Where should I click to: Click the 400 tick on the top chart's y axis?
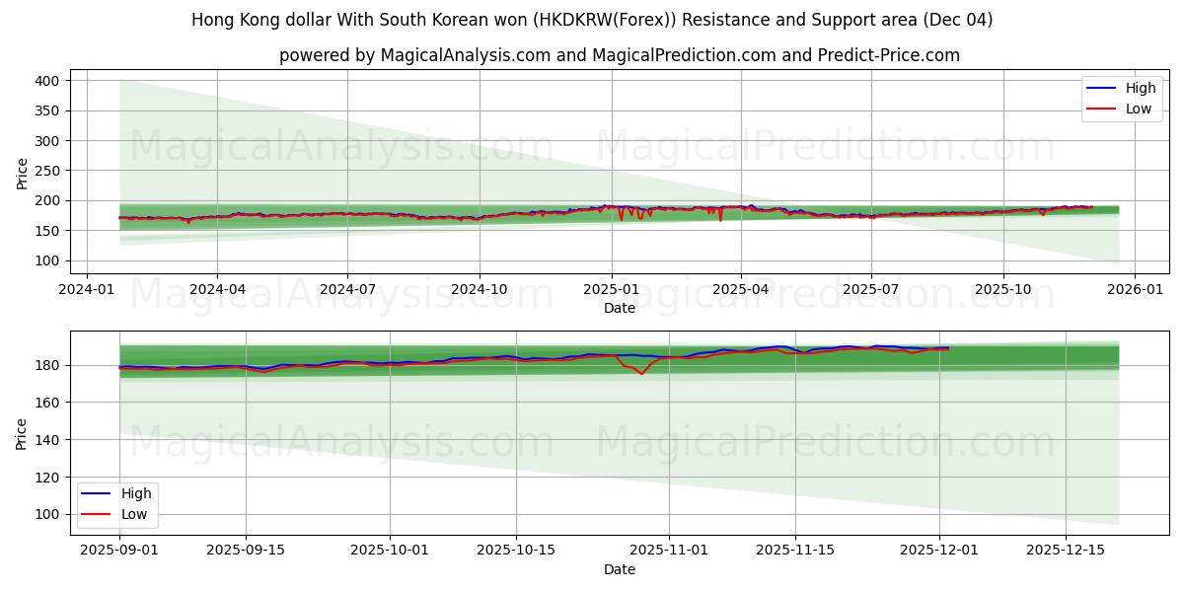click(47, 80)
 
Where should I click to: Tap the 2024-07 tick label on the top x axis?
click(347, 290)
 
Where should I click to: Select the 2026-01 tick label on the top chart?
click(1134, 290)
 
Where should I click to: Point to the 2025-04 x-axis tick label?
click(741, 290)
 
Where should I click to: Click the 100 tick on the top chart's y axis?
click(47, 260)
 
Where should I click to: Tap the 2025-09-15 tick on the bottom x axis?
click(246, 551)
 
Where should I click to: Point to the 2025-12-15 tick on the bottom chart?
click(1065, 551)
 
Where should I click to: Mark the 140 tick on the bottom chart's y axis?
click(47, 439)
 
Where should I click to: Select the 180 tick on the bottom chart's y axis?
click(47, 365)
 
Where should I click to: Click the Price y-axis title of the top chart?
click(22, 173)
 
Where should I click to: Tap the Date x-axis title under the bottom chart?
click(620, 569)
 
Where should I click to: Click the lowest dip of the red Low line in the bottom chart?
click(641, 374)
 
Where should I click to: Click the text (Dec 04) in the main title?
click(958, 20)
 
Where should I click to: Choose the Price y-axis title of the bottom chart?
click(22, 433)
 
